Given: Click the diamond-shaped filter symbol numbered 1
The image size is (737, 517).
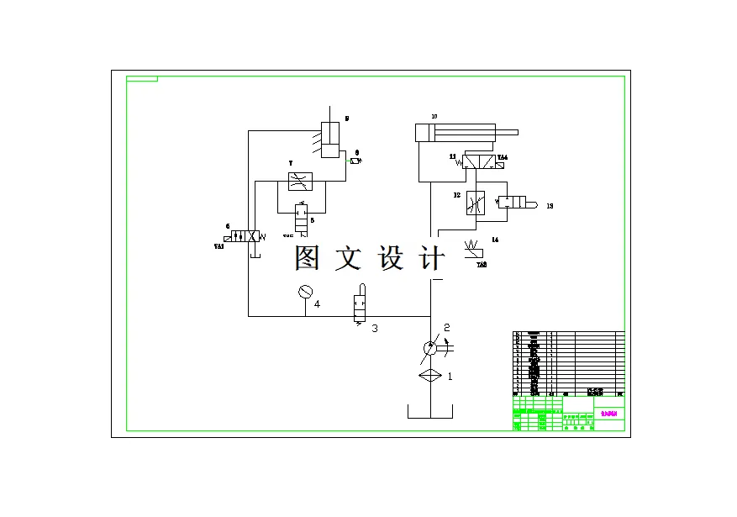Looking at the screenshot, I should coord(429,376).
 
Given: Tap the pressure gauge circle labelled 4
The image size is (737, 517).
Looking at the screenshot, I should coord(305,292).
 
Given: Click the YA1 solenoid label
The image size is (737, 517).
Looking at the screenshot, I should coord(219,247).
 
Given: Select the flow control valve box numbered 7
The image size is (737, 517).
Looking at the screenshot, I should coord(300,181).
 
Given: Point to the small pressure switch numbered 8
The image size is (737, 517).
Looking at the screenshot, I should coord(355,161).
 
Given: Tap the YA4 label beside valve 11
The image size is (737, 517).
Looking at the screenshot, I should coord(503,157).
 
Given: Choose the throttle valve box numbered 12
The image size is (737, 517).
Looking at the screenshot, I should coord(476,203).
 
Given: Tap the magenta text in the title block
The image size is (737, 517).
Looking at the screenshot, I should coord(609,414).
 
